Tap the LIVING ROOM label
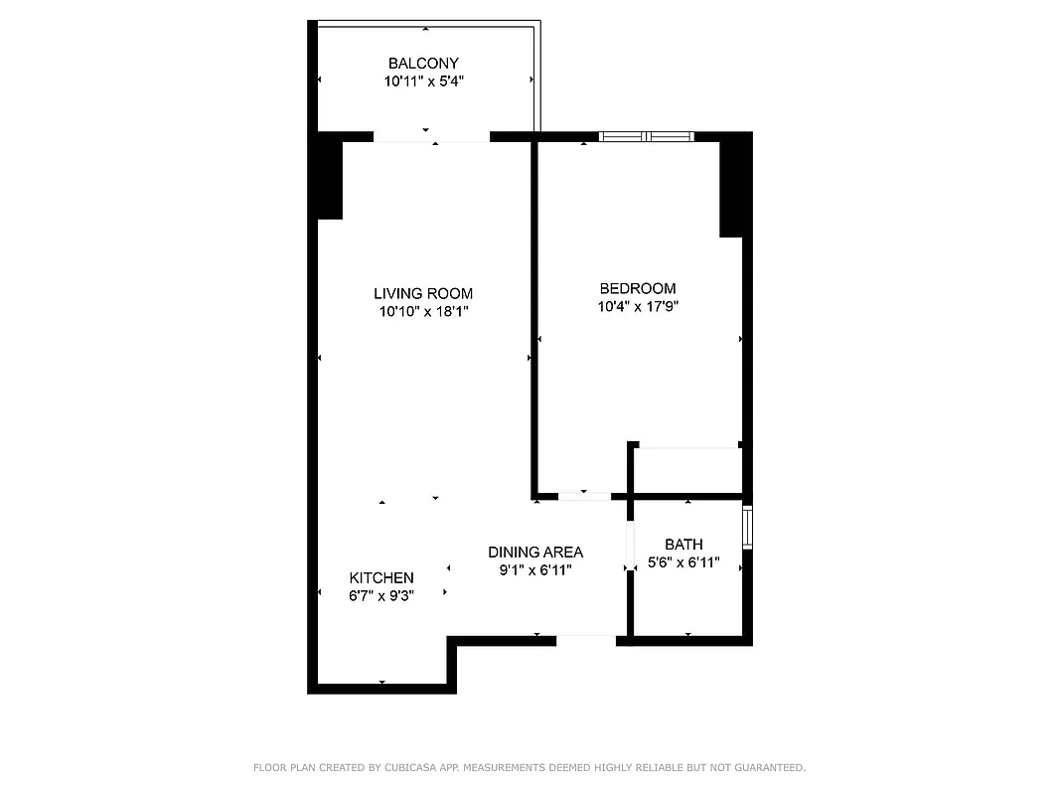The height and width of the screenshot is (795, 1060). click(423, 293)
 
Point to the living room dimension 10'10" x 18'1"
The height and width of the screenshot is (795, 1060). click(423, 311)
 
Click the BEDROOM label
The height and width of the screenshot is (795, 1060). click(638, 288)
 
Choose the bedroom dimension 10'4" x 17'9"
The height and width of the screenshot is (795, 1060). click(638, 306)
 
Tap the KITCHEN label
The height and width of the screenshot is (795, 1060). click(381, 577)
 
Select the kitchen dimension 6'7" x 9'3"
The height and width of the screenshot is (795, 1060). click(381, 595)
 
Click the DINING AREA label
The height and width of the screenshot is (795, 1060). click(535, 552)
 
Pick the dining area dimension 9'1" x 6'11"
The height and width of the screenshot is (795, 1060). click(535, 569)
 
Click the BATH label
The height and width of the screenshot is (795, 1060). click(683, 544)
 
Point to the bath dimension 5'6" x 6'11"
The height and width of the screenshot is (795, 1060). click(683, 562)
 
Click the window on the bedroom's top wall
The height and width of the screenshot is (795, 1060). click(647, 136)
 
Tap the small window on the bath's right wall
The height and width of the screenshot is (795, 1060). click(747, 527)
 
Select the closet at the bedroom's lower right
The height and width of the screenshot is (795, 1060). click(687, 469)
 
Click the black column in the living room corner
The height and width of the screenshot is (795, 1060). click(329, 179)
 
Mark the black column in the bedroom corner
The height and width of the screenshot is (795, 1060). click(732, 187)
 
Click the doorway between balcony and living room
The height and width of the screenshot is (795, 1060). click(431, 137)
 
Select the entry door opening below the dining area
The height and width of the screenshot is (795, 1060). click(586, 640)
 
